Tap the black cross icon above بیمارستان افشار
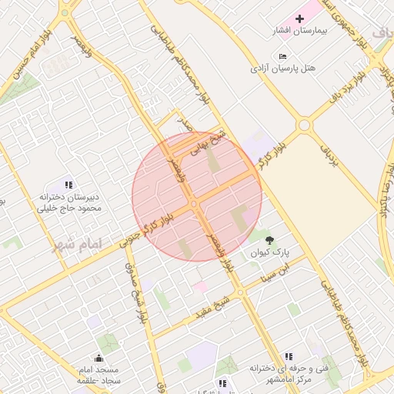pyautogui.click(x=299, y=17)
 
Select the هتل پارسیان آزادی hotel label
pyautogui.click(x=283, y=68)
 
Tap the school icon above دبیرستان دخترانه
pyautogui.click(x=68, y=185)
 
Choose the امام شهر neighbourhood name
pyautogui.click(x=77, y=245)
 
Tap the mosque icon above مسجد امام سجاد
pyautogui.click(x=98, y=358)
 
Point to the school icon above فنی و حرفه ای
pyautogui.click(x=288, y=356)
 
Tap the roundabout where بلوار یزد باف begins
pyautogui.click(x=305, y=125)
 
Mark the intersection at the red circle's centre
pyautogui.click(x=195, y=202)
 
